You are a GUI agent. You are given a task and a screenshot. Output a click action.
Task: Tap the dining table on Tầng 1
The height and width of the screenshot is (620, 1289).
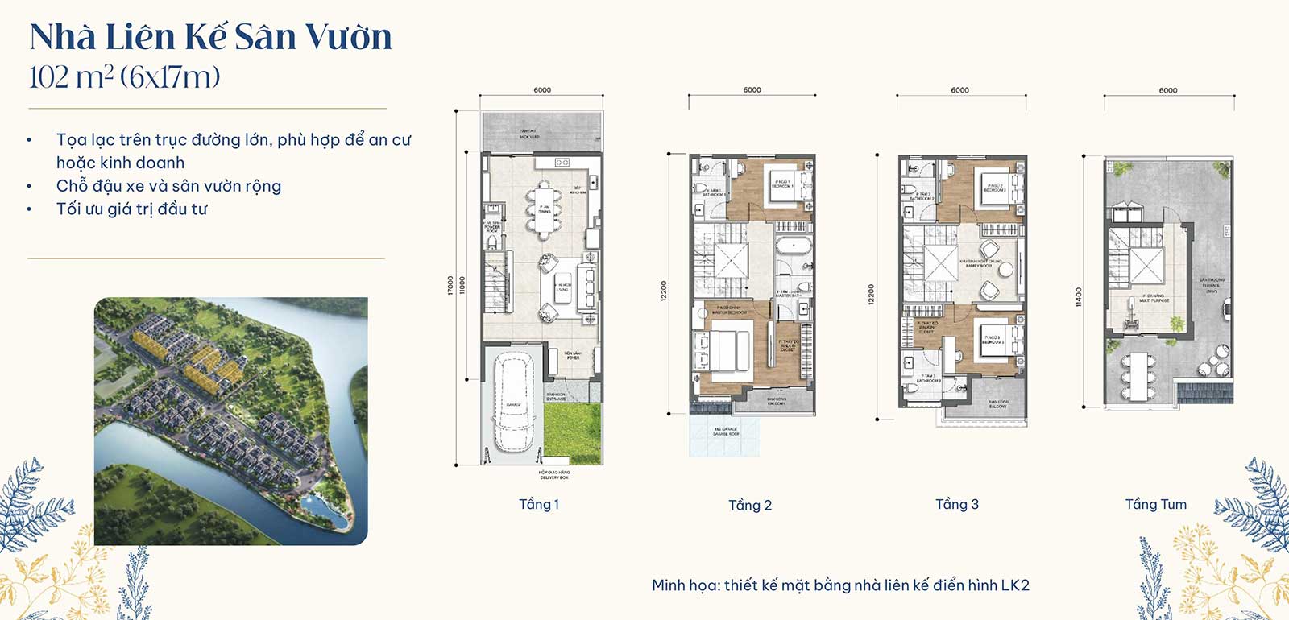pyautogui.click(x=545, y=210)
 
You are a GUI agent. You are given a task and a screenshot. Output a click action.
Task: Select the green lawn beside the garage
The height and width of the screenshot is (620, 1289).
pyautogui.click(x=572, y=432)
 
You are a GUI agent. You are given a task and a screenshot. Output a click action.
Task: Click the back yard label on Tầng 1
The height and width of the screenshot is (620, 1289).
pyautogui.click(x=529, y=134)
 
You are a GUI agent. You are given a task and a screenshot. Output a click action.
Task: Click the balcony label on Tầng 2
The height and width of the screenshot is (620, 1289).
pyautogui.click(x=777, y=401)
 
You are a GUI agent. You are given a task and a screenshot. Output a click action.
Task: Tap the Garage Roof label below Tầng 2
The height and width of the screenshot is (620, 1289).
pyautogui.click(x=726, y=432)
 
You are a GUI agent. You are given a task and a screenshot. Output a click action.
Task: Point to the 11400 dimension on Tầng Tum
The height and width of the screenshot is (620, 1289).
pyautogui.click(x=1080, y=297)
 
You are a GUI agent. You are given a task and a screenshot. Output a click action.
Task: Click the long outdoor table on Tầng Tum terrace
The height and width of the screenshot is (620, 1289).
pyautogui.click(x=1138, y=375)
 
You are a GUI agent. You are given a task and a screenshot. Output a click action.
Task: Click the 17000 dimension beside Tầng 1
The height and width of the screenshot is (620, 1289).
pyautogui.click(x=450, y=286)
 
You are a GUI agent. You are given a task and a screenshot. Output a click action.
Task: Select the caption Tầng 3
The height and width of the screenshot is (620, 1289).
pyautogui.click(x=956, y=505)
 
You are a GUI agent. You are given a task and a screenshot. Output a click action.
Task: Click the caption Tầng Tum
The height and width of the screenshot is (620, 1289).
pyautogui.click(x=1155, y=505)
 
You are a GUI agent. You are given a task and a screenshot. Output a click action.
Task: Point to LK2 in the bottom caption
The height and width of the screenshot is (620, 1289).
pyautogui.click(x=1014, y=585)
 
